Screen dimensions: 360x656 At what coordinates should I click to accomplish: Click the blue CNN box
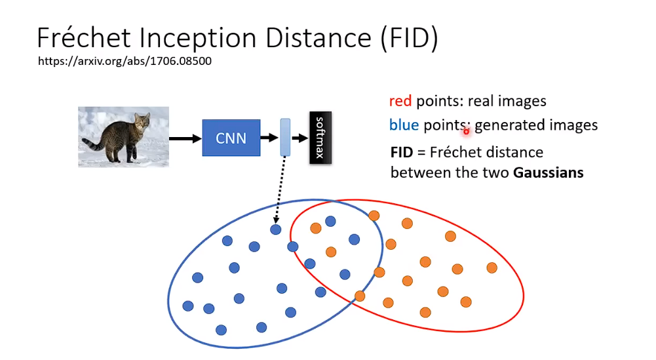[231, 138]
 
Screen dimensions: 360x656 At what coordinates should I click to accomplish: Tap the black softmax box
[320, 138]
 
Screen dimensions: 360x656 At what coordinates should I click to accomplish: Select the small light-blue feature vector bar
[284, 138]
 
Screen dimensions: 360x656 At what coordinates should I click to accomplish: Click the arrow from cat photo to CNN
[185, 138]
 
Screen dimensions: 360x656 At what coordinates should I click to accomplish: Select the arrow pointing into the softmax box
[299, 138]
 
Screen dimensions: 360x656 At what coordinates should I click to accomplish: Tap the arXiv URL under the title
[125, 61]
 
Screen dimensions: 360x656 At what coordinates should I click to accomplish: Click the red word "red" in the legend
[400, 102]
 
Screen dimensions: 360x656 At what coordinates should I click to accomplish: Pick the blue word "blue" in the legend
[404, 125]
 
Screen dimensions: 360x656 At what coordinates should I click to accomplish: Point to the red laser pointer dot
[467, 131]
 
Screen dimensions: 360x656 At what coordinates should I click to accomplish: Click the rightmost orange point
[492, 268]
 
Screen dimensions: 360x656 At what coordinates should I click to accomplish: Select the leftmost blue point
[188, 306]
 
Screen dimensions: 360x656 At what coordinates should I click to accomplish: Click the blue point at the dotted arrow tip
[276, 230]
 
